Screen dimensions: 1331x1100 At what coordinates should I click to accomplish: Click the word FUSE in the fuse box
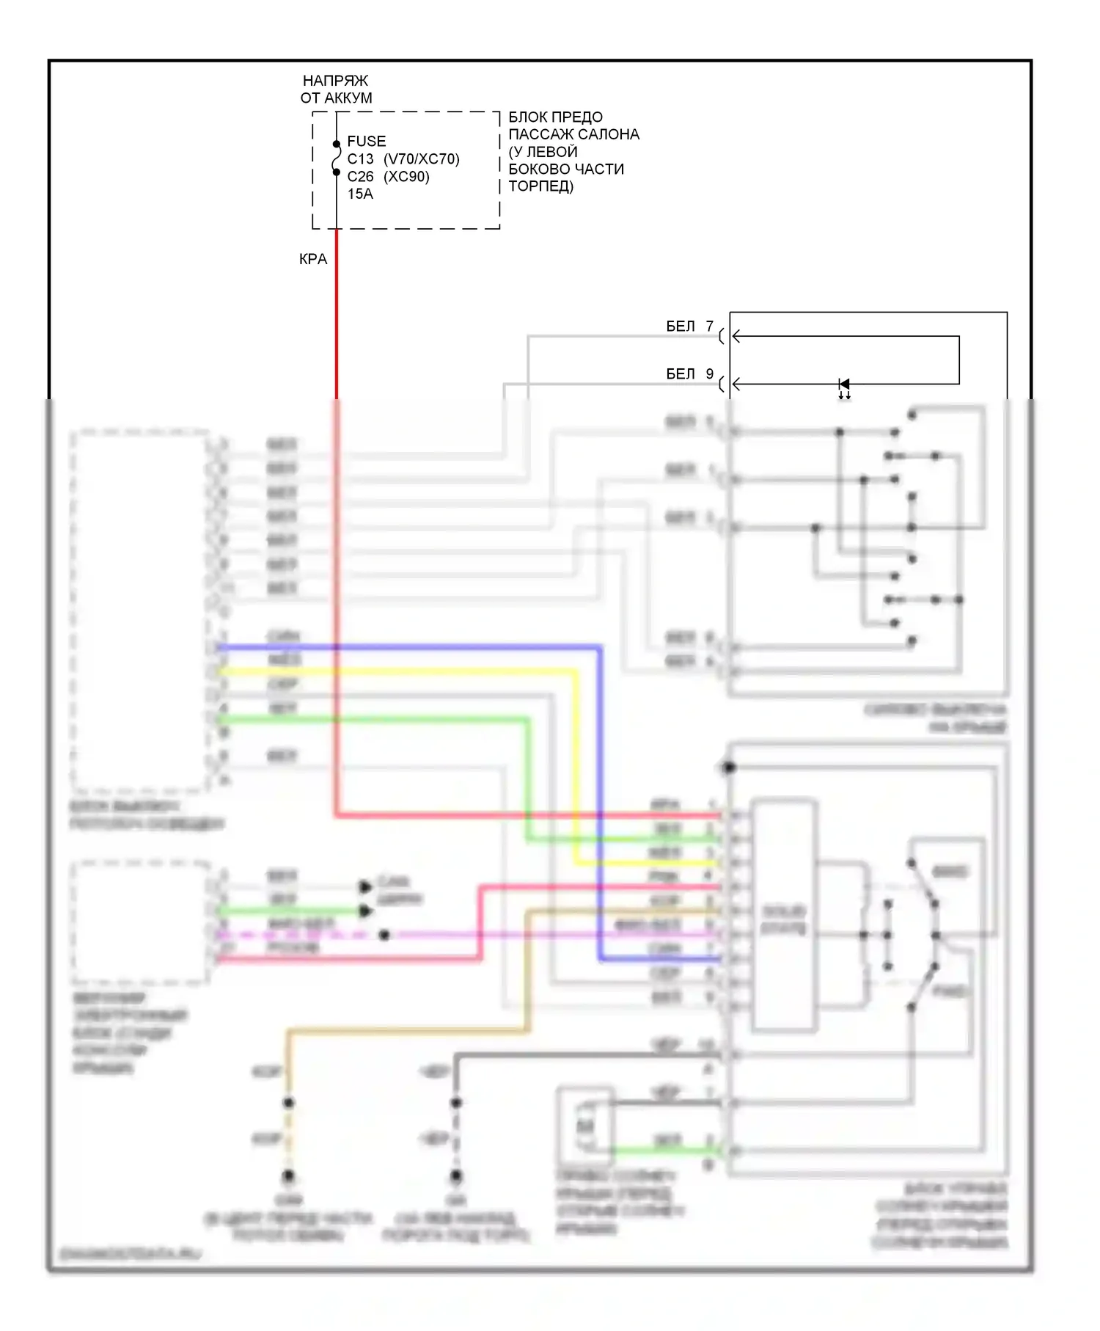[x=366, y=141]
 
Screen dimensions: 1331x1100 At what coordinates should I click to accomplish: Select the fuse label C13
[x=360, y=158]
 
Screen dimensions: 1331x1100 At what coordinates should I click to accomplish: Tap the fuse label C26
[x=360, y=176]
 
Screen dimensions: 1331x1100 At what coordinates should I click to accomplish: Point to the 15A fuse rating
[x=360, y=194]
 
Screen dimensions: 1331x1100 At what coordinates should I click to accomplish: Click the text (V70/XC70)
[x=422, y=158]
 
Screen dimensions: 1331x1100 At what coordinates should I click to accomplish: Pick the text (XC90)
[x=406, y=176]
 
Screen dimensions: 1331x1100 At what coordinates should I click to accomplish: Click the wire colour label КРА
[x=313, y=259]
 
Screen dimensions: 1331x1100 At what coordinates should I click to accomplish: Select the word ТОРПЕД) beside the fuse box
[x=541, y=186]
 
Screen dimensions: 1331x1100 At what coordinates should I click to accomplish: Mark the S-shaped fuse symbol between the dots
[x=337, y=158]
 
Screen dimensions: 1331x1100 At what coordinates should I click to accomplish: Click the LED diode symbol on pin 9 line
[x=844, y=384]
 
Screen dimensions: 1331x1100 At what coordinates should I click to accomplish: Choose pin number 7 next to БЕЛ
[x=709, y=326]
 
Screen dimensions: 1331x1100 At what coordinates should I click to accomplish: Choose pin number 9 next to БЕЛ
[x=709, y=373]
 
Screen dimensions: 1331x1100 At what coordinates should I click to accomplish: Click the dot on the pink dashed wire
[x=384, y=935]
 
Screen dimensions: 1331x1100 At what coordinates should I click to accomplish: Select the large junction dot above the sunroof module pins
[x=728, y=767]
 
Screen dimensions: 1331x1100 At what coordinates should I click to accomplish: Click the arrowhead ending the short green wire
[x=365, y=911]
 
